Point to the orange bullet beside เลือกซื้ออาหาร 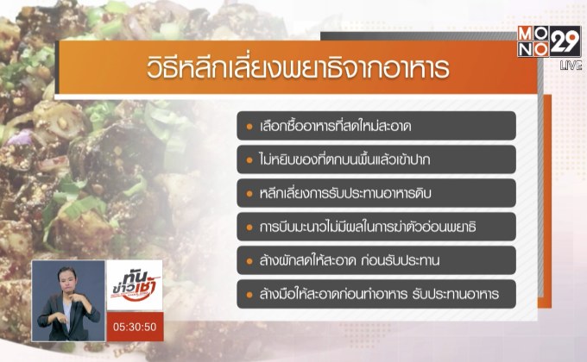249,126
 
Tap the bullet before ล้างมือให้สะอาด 249,294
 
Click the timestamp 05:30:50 135,327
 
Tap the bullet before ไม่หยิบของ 249,159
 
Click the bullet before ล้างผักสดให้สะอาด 249,260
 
